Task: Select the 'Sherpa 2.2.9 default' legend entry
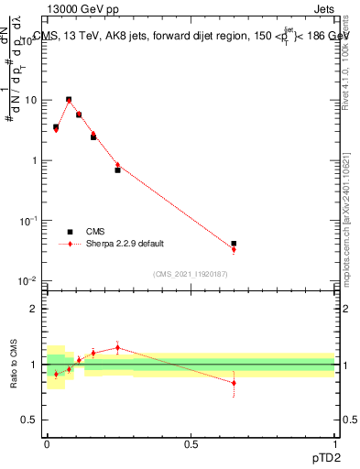115,245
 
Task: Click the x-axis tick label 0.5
191,442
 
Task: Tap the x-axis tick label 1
334,442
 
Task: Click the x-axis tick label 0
47,442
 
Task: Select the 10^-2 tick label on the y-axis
28,280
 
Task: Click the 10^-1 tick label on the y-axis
28,220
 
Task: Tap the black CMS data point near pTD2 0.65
234,244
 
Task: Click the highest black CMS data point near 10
69,99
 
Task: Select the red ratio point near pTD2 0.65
234,383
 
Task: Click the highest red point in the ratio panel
117,347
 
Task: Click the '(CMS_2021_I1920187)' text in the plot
191,274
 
